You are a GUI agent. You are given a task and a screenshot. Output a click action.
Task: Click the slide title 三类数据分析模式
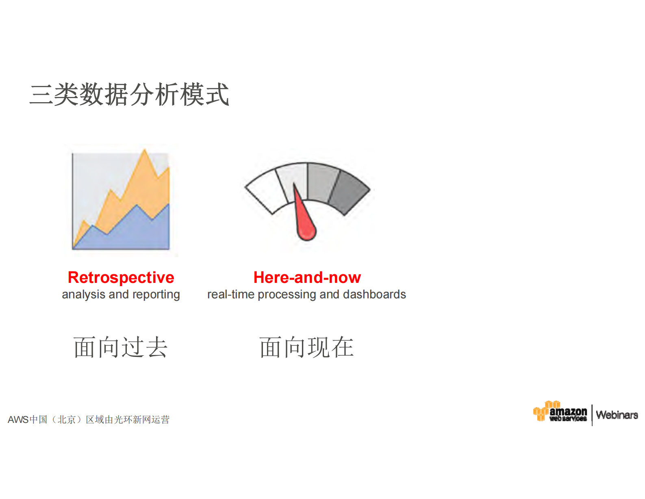(x=129, y=94)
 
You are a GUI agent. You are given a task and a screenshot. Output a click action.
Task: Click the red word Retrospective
(x=121, y=278)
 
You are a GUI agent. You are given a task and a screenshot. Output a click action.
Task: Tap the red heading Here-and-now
(x=307, y=278)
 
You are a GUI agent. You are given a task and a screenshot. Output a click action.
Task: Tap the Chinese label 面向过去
(x=120, y=347)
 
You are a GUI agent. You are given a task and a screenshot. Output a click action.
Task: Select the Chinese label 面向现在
(x=306, y=347)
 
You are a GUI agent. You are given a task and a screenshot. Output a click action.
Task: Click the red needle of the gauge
(x=305, y=224)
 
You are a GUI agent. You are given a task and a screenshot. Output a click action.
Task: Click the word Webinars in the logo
(x=617, y=415)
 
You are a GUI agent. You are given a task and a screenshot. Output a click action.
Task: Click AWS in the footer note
(x=18, y=420)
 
